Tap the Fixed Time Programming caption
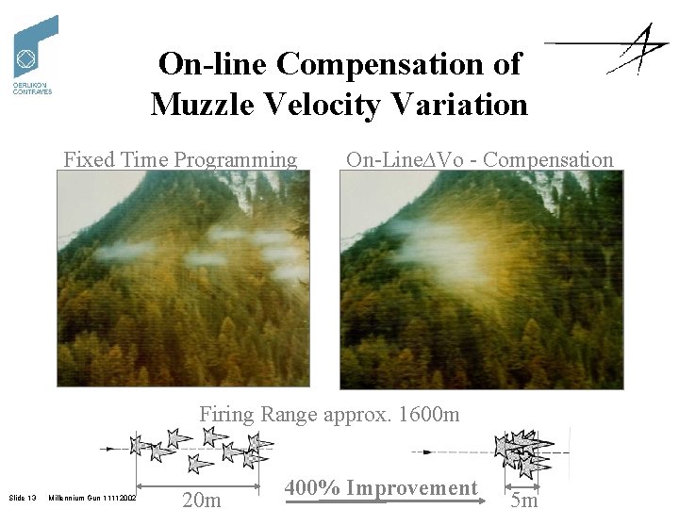[180, 159]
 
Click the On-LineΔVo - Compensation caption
[479, 159]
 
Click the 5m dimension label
[523, 499]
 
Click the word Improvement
[411, 487]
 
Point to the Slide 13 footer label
[22, 497]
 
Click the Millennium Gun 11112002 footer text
[92, 497]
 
